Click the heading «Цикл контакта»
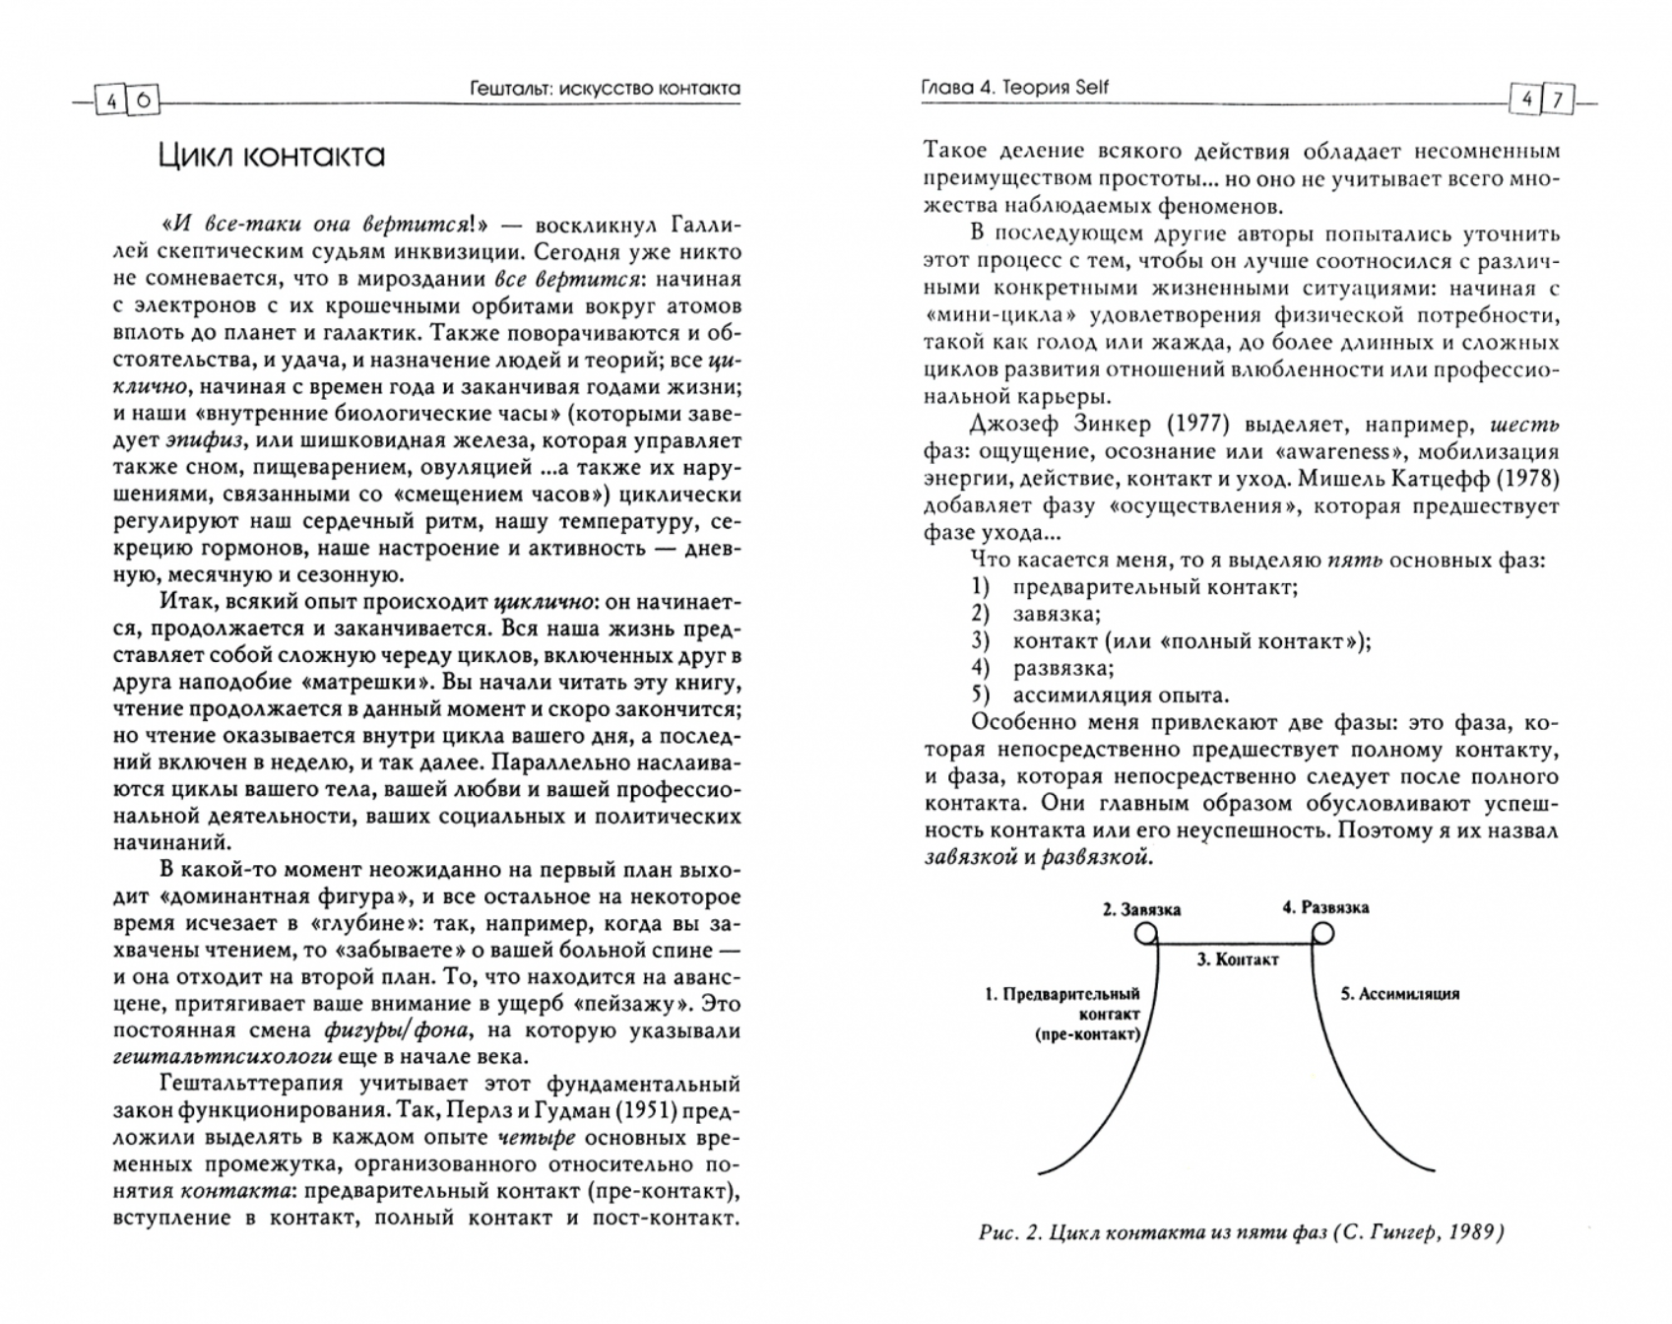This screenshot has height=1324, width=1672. point(272,156)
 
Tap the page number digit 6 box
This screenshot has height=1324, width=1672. point(144,99)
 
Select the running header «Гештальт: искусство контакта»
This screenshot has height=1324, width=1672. point(605,90)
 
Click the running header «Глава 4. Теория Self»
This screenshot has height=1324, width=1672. point(1014,88)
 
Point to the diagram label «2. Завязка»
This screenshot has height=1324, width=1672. point(1141,909)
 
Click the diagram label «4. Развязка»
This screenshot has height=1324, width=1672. point(1325,907)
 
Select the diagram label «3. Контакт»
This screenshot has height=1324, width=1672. point(1237,959)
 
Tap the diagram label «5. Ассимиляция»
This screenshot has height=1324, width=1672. point(1399,994)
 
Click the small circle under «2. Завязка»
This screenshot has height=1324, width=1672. point(1146,933)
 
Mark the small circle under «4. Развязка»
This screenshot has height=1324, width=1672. point(1322,933)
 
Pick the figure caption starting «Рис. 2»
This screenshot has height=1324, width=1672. point(1241,1232)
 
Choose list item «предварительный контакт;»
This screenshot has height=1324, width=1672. point(1154,587)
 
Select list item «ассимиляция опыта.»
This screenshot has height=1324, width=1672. point(1121,695)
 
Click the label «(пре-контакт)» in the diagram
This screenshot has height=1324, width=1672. point(1086,1034)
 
